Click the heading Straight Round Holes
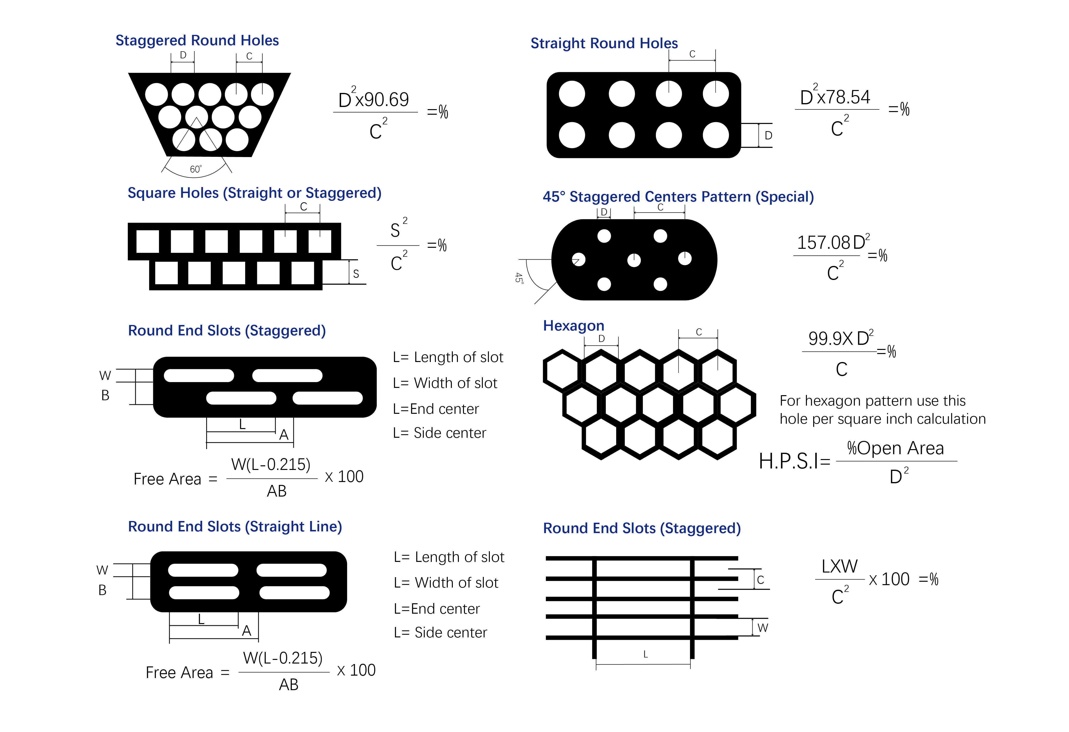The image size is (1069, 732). click(x=604, y=43)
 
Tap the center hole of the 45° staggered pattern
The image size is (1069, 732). click(x=634, y=260)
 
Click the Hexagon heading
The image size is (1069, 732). click(x=574, y=325)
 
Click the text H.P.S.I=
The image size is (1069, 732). click(x=794, y=461)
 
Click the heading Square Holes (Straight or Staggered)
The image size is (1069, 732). click(x=254, y=193)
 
